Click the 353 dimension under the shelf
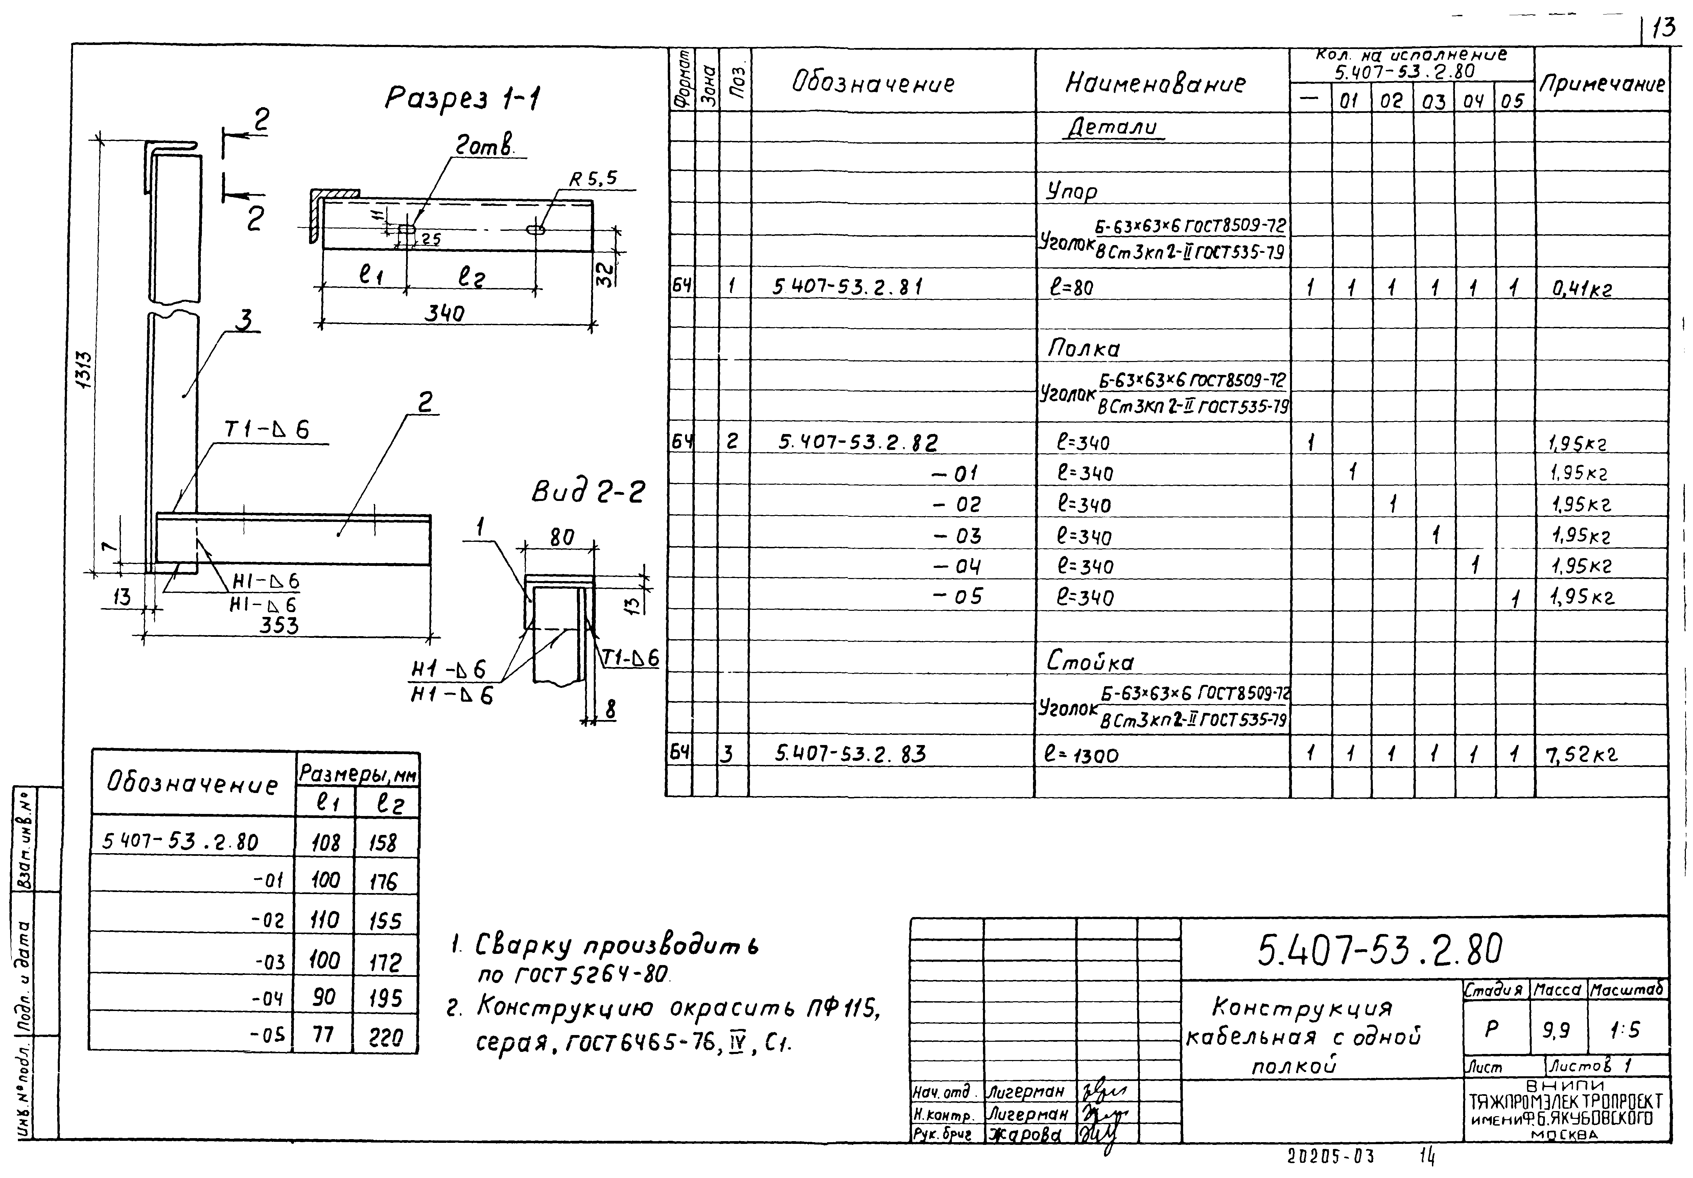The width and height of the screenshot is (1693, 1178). [280, 626]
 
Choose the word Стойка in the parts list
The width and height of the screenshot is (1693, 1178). [1090, 662]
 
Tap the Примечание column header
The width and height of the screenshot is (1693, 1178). [1602, 84]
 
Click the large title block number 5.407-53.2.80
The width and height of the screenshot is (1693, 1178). [1379, 950]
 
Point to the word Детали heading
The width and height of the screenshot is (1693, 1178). [1113, 127]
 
